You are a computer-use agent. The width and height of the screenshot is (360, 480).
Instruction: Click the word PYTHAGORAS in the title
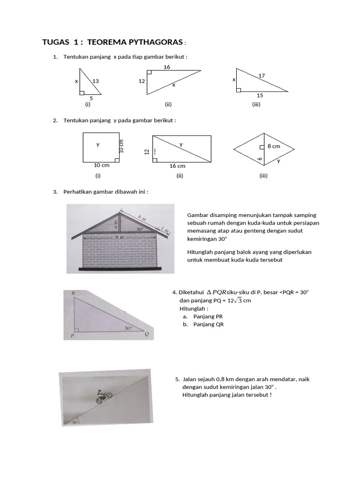(155, 43)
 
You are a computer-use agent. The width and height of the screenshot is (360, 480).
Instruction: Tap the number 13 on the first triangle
(96, 81)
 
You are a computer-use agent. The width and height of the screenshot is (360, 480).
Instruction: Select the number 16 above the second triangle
(167, 67)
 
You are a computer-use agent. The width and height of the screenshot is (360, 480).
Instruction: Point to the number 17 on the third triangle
(262, 75)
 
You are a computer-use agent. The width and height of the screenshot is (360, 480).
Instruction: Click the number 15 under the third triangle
(260, 96)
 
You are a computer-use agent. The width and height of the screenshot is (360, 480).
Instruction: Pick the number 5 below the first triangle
(91, 98)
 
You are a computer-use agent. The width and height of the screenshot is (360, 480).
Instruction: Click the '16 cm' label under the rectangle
(177, 166)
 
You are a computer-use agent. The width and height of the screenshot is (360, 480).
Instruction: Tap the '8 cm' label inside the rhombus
(273, 146)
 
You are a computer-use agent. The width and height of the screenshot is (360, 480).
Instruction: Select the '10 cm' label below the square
(102, 165)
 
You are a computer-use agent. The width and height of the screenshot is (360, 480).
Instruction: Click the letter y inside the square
(98, 144)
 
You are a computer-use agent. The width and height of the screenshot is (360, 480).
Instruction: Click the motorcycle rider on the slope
(102, 397)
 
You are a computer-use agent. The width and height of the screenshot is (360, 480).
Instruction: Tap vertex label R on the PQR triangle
(74, 293)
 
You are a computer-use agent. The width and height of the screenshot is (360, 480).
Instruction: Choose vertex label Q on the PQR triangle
(146, 334)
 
